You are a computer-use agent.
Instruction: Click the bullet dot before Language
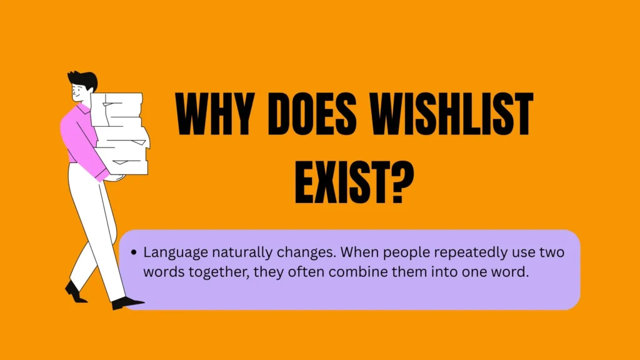(x=134, y=252)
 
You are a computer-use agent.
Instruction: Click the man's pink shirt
(x=82, y=139)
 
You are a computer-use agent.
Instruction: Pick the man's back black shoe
(x=75, y=292)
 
